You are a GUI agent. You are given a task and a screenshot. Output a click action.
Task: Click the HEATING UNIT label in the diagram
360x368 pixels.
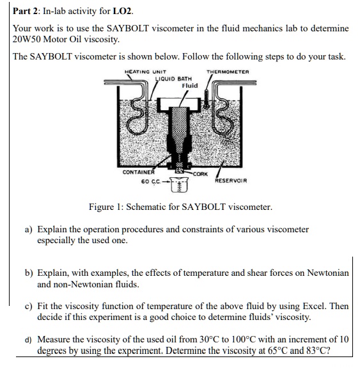pyautogui.click(x=145, y=71)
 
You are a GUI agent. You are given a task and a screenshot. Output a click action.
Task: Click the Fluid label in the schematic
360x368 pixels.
pyautogui.click(x=190, y=85)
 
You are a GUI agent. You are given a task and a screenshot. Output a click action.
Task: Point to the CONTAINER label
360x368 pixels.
pyautogui.click(x=138, y=172)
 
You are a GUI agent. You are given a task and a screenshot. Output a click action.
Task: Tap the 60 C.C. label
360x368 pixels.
pyautogui.click(x=152, y=182)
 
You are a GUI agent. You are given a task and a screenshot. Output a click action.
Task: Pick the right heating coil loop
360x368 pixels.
pyautogui.click(x=226, y=119)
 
